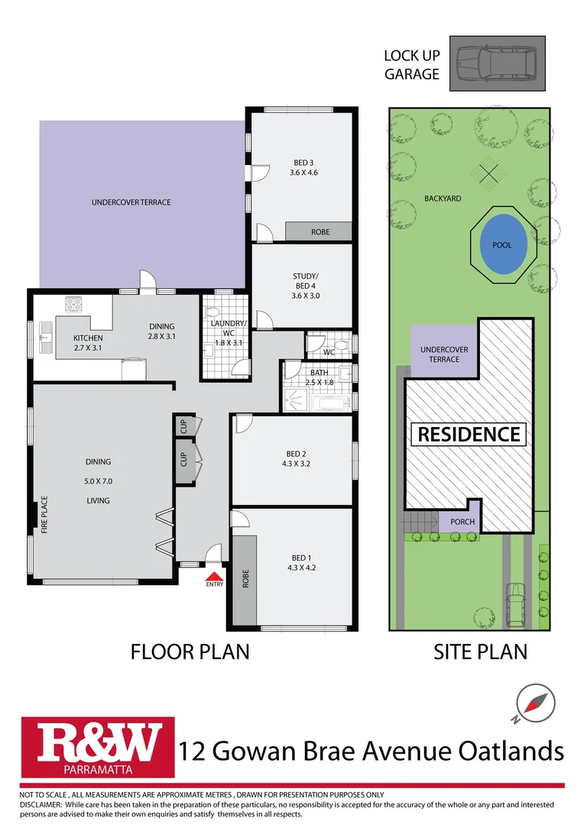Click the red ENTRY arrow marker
pos(216,577)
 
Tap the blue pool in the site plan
pos(502,244)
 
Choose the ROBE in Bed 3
pos(320,231)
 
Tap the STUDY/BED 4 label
pos(303,282)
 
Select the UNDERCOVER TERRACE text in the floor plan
pos(131,202)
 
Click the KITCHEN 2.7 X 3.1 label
pos(87,343)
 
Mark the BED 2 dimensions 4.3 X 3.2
pos(298,463)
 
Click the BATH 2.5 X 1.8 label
pos(319,377)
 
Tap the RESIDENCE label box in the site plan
pos(469,435)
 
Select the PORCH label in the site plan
pos(462,522)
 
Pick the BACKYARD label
pos(443,199)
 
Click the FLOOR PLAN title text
pos(190,652)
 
